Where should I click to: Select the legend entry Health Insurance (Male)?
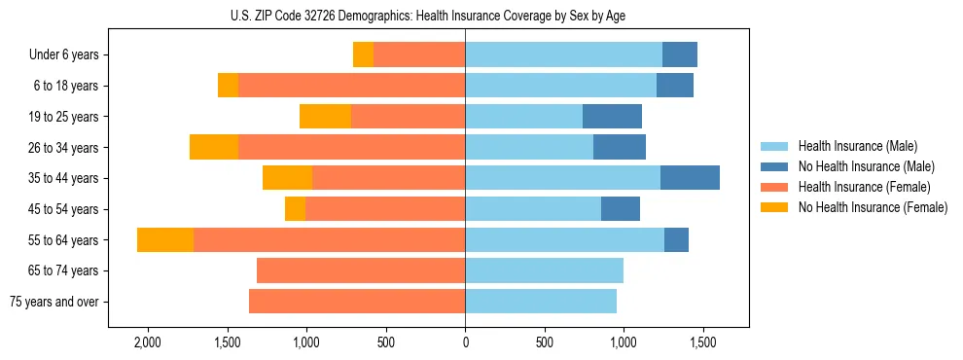(x=857, y=146)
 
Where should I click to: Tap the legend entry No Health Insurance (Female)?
(x=873, y=207)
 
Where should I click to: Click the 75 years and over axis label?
(x=54, y=302)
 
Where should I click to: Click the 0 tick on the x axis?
(x=465, y=342)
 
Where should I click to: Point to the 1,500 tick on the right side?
(x=703, y=342)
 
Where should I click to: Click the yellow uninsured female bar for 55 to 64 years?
(x=165, y=240)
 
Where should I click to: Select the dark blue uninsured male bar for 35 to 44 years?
(x=690, y=178)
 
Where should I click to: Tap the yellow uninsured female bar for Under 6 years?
(x=363, y=55)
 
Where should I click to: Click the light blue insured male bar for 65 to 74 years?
(x=544, y=270)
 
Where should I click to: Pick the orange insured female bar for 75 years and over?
(x=357, y=302)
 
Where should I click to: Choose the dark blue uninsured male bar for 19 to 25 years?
(x=612, y=117)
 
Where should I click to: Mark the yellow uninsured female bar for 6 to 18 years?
(x=228, y=86)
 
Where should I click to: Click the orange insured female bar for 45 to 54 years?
(x=385, y=209)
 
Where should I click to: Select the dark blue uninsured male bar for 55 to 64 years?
(x=676, y=240)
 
